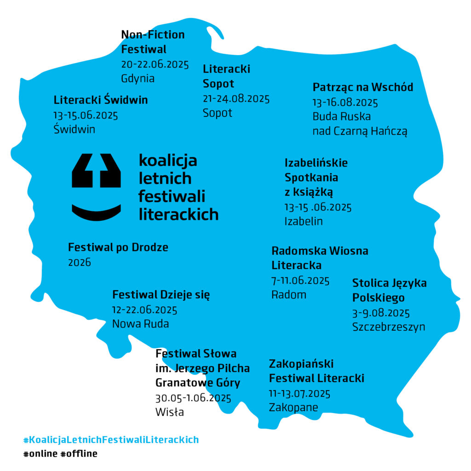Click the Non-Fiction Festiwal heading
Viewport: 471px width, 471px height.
[x=153, y=42]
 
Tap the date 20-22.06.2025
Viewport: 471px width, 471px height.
[x=155, y=64]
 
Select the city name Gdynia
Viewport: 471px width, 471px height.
[x=138, y=79]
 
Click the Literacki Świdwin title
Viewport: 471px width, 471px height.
[x=101, y=100]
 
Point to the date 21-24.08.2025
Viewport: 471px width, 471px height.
[x=236, y=99]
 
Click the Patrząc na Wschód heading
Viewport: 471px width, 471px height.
[x=363, y=87]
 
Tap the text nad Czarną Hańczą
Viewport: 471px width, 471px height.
[x=360, y=131]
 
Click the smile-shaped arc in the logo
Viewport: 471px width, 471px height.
[x=96, y=213]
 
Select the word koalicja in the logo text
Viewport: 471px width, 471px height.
[x=168, y=161]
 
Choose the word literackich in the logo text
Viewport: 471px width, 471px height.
[x=178, y=214]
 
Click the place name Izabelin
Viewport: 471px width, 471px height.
[x=304, y=221]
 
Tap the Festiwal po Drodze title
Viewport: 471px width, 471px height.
[x=118, y=247]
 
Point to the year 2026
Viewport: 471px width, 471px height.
[x=79, y=263]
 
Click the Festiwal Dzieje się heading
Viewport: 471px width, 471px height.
[x=161, y=295]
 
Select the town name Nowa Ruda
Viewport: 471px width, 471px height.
[x=141, y=324]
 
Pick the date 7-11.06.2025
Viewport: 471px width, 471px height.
[x=300, y=281]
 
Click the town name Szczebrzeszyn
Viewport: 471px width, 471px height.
[x=389, y=327]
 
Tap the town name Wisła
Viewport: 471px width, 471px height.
[x=169, y=412]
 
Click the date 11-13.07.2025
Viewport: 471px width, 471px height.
[x=299, y=394]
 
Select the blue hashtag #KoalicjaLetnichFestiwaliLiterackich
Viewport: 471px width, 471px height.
[x=111, y=440]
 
